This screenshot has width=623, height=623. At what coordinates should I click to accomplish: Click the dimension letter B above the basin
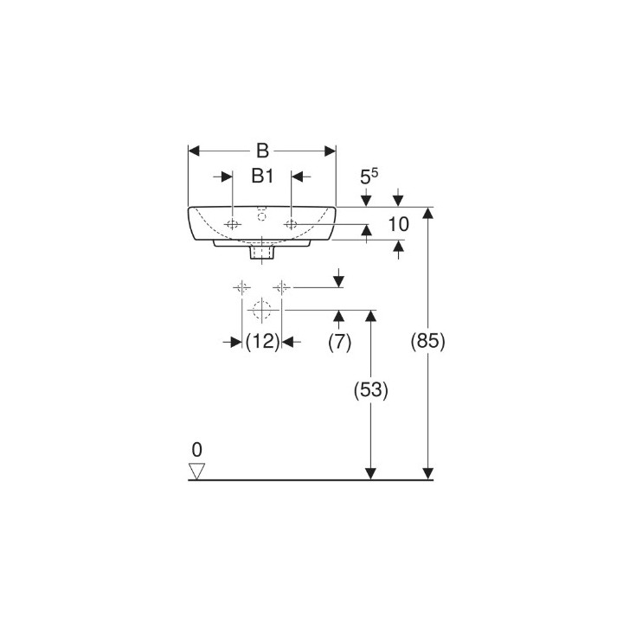(262, 151)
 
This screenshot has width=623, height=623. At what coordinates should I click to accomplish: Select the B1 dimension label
(262, 177)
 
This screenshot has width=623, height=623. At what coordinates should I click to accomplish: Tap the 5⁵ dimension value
(368, 177)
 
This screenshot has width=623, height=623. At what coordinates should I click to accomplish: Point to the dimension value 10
(398, 225)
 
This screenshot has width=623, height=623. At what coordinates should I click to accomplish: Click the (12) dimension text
(262, 342)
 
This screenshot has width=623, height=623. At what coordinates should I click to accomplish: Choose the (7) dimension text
(339, 342)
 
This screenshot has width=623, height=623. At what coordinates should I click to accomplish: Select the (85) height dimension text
(427, 342)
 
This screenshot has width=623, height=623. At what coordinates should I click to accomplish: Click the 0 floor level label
(196, 450)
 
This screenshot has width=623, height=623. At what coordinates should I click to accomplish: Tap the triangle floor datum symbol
(197, 471)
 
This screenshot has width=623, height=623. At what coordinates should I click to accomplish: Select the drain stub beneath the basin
(262, 254)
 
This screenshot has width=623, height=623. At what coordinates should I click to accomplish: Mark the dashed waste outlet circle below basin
(262, 309)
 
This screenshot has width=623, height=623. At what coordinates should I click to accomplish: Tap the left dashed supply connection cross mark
(241, 286)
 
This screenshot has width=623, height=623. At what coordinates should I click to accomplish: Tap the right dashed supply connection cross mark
(281, 286)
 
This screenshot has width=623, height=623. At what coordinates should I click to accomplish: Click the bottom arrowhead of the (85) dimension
(427, 472)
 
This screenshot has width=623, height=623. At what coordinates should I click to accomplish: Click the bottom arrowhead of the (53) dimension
(370, 472)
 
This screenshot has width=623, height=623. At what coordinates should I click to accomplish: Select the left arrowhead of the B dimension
(195, 151)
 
